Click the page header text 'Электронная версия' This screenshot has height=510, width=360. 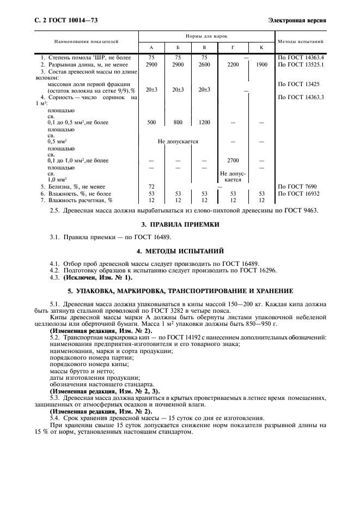tap(297, 21)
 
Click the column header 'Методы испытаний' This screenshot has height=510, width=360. tap(301, 41)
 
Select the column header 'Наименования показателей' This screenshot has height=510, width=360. tap(86, 41)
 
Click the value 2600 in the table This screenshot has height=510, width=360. tap(204, 65)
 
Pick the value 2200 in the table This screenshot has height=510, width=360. tap(233, 65)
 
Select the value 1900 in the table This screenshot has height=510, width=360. tap(261, 65)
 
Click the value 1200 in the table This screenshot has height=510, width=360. tap(204, 123)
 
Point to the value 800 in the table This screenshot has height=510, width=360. tap(178, 123)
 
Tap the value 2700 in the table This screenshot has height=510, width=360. tap(233, 161)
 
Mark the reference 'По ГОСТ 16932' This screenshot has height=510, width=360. tap(298, 193)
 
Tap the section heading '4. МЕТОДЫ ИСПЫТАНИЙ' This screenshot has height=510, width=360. tap(180, 251)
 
